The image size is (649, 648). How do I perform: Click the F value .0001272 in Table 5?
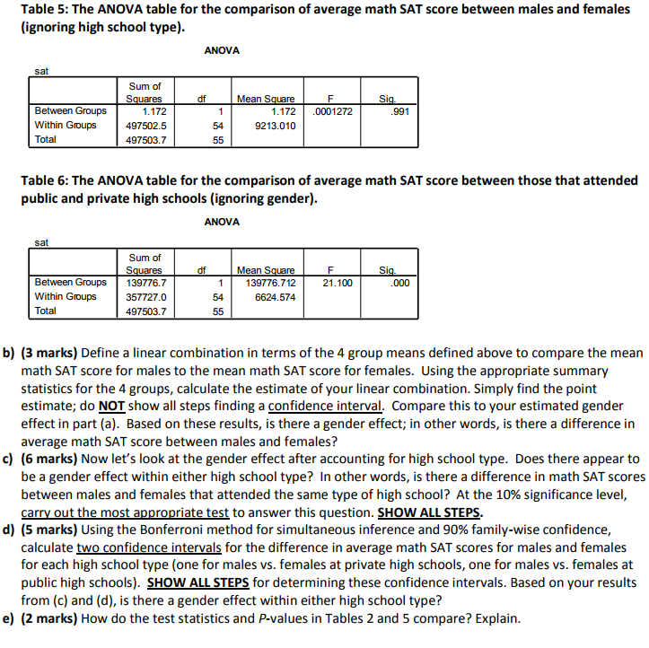click(332, 111)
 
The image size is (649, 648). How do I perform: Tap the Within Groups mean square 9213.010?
click(276, 126)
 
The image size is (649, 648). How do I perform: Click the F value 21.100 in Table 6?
click(338, 283)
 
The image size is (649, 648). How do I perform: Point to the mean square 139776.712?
click(269, 283)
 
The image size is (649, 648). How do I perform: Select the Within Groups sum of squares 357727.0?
click(145, 297)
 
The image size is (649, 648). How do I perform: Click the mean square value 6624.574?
click(276, 297)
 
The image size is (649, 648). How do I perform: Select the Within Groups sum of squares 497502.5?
click(145, 126)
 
